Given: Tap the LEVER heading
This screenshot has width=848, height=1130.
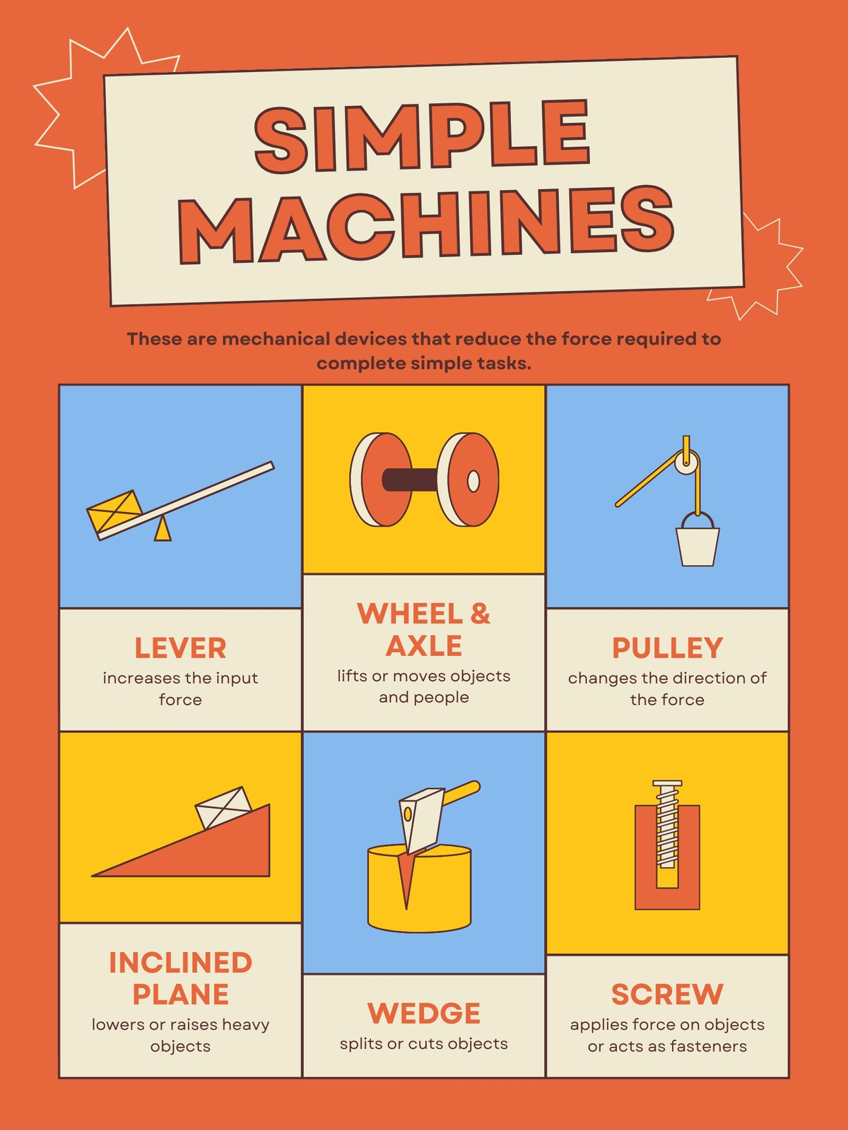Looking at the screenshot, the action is [x=180, y=648].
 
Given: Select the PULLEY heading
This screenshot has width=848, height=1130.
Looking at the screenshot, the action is [x=667, y=648].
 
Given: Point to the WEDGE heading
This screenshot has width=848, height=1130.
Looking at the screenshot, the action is [x=424, y=1013].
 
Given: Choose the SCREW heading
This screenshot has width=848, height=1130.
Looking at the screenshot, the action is [x=667, y=994].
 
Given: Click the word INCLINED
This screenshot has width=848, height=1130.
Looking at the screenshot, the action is [x=180, y=962].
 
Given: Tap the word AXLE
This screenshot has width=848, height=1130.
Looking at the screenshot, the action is [x=424, y=646].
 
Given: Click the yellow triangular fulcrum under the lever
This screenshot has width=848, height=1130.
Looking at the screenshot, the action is [x=163, y=530].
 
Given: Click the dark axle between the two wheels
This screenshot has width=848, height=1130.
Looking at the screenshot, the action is [x=411, y=480].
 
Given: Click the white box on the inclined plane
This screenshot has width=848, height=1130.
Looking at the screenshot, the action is [x=223, y=807].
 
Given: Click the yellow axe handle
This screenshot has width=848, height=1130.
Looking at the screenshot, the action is [x=461, y=794].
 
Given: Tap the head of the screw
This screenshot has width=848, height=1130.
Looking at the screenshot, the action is [x=667, y=785].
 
